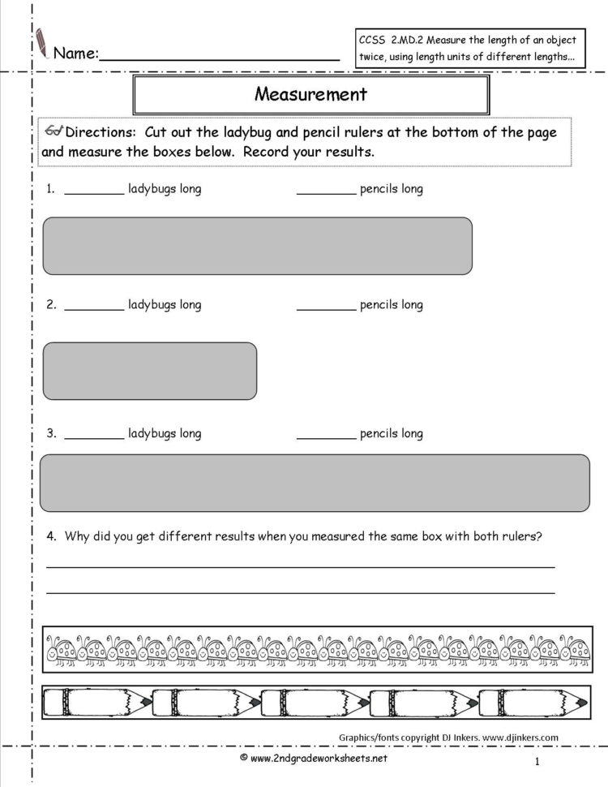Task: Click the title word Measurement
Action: coord(310,94)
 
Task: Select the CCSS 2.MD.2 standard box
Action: coord(467,49)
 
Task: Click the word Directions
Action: coord(98,132)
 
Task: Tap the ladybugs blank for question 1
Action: coord(94,193)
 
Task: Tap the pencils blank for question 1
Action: coord(326,193)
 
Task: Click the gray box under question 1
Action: coord(257,245)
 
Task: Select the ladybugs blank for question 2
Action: coord(94,309)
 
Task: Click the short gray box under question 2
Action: coord(149,371)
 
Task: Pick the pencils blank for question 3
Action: coord(326,437)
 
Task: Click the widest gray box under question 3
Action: coord(315,483)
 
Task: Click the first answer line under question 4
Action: coord(300,566)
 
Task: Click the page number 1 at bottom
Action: coord(537,761)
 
